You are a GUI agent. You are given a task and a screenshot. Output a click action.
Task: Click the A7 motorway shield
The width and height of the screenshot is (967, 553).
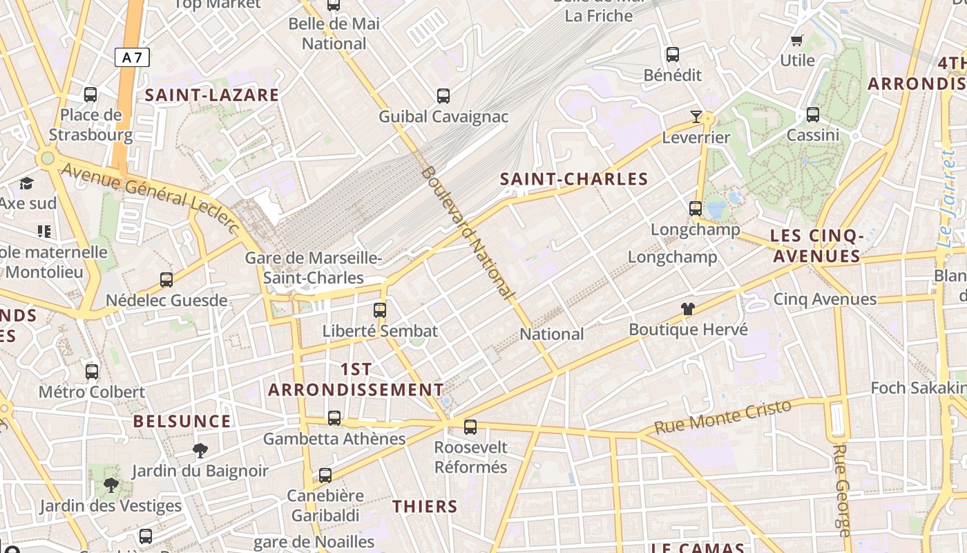[x=132, y=57]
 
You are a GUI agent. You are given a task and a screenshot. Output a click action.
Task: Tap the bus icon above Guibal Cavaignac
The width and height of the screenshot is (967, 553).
[x=443, y=96]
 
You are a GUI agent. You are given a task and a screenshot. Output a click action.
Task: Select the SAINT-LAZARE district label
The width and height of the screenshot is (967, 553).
[x=212, y=95]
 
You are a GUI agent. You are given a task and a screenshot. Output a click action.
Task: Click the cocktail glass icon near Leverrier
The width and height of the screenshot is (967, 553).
[x=696, y=117]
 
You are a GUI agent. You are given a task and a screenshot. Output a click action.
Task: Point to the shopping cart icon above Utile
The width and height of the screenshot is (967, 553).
[x=797, y=40]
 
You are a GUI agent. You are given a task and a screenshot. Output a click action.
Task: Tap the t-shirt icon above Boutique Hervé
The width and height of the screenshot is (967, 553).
[x=688, y=309]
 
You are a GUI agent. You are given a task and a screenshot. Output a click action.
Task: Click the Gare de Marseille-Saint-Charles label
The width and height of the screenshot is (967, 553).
[x=314, y=268]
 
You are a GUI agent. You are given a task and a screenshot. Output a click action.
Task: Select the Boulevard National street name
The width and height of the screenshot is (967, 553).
[x=468, y=233]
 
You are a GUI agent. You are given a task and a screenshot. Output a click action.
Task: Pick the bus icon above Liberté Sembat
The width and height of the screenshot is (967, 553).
[x=380, y=310]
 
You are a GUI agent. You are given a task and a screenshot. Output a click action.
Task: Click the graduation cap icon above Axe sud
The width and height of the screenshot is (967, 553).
[x=27, y=183]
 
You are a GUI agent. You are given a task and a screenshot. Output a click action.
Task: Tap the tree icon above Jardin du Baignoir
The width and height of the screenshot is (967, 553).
[x=200, y=451]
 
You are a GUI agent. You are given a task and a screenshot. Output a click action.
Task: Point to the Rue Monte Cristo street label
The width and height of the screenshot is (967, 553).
[x=722, y=417]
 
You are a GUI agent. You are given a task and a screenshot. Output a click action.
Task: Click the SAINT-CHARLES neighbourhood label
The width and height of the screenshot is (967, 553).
[x=574, y=180]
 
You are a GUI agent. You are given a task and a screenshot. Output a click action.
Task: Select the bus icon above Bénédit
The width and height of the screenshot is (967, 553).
[x=672, y=55]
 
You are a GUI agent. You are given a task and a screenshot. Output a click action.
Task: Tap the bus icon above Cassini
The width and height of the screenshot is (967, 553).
[x=813, y=115]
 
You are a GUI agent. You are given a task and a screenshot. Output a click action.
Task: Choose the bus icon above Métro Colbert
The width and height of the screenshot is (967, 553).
[x=92, y=372]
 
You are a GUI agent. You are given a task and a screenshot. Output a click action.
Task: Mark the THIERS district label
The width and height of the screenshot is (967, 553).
[x=425, y=507]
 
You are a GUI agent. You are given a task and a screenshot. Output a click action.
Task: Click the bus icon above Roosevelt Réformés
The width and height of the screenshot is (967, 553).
[x=470, y=427]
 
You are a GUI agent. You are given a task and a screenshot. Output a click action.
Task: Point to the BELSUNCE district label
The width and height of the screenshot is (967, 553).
[x=182, y=422]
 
